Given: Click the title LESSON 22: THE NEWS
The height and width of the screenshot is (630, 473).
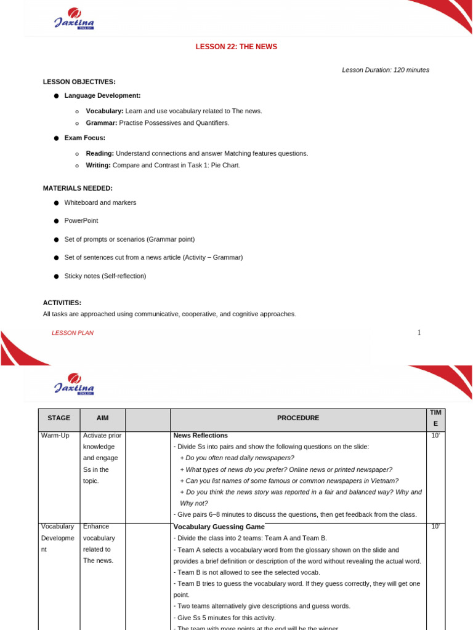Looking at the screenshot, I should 236,47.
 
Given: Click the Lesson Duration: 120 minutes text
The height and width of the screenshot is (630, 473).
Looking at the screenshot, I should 386,70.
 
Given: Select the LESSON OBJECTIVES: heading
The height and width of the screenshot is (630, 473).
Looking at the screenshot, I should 79,82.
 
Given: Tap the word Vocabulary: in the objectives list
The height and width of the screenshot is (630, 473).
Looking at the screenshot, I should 105,111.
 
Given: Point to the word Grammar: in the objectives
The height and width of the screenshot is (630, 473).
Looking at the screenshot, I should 102,123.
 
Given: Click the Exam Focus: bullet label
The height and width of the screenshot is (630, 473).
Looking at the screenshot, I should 84,138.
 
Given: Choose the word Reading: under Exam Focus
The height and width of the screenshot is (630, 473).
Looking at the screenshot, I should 100,153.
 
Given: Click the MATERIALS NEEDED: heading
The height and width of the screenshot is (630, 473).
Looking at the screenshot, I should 78,188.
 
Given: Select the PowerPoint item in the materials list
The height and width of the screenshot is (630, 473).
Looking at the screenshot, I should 81,220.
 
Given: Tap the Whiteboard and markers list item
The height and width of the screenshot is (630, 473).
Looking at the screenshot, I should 100,202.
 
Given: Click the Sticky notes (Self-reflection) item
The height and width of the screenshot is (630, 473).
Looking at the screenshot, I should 105,276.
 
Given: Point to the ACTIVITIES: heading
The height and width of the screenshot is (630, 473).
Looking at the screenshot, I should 62,303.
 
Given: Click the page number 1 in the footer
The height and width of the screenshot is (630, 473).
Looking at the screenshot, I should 419,333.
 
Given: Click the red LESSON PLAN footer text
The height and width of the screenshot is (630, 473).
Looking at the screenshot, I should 73,333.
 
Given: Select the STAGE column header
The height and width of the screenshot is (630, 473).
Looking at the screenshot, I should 59,418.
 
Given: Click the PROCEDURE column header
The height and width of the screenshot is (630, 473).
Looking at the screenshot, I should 298,418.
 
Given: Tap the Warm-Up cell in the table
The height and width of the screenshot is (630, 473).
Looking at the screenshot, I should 55,436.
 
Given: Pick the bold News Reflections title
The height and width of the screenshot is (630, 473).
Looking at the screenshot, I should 201,436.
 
